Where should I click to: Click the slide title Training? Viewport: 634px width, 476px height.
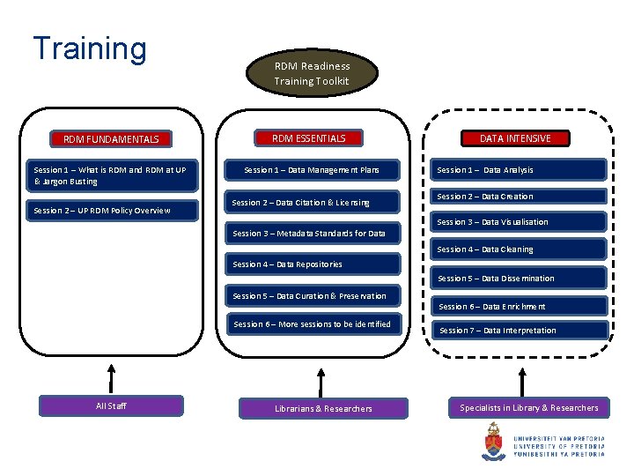(89, 48)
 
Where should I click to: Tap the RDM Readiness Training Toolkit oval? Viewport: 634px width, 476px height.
(311, 73)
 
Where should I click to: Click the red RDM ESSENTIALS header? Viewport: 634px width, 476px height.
(308, 138)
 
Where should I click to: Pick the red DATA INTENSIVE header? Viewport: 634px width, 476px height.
(515, 138)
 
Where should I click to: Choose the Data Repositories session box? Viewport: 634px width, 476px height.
(313, 264)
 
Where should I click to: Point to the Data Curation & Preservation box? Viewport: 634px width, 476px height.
(313, 296)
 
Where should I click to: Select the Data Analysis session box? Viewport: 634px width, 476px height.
(520, 170)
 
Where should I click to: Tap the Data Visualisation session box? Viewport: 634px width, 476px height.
(520, 222)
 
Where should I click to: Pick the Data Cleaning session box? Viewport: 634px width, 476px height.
(520, 249)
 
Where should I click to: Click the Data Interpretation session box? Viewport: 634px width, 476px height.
(521, 331)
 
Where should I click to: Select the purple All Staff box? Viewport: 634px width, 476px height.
(111, 406)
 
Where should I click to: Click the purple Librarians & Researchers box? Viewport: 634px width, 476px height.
(323, 408)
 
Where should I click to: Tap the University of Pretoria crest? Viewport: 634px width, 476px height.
(494, 441)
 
